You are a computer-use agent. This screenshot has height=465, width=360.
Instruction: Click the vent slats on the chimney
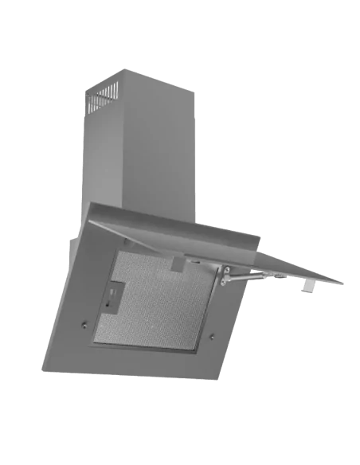pos(105,98)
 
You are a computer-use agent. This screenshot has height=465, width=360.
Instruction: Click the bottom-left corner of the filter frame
pos(93,344)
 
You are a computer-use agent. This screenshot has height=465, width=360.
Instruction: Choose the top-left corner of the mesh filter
pos(119,253)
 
